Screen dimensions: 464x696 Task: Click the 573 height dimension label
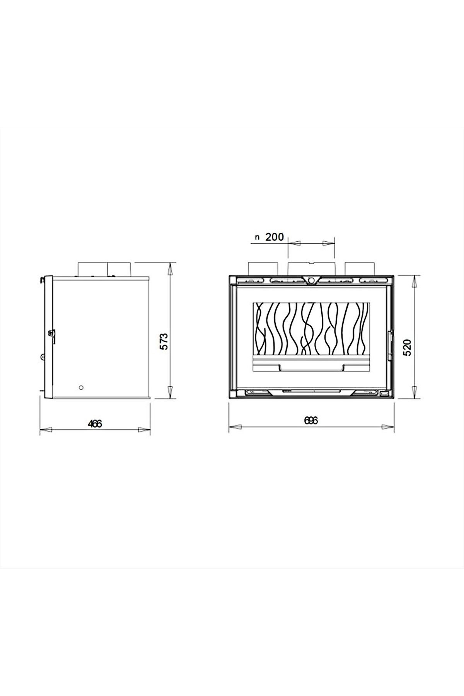tap(164, 330)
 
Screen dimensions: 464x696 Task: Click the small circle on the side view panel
tap(80, 387)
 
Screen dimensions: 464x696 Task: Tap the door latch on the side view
tap(52, 334)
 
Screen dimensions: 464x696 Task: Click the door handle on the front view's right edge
tap(391, 341)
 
